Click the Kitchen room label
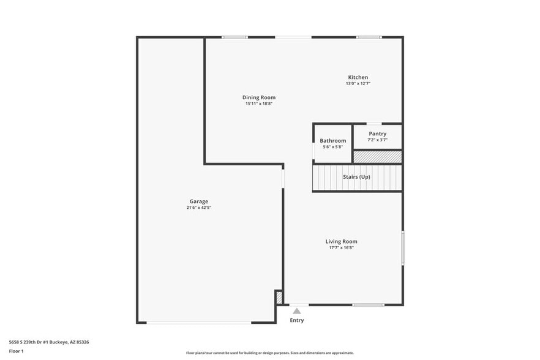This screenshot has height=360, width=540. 358,77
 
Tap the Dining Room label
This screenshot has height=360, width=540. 259,97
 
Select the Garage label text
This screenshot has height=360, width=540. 198,201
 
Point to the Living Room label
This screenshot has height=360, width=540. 341,241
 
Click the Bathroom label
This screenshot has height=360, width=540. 332,141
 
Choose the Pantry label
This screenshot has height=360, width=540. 377,133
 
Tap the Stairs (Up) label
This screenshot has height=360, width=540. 356,177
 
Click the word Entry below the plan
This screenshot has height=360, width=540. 297,320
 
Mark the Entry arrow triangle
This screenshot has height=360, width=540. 297,311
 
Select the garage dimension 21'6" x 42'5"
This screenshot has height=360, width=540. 198,208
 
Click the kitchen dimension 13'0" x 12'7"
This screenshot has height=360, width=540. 358,83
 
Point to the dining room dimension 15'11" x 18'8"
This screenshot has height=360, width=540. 259,103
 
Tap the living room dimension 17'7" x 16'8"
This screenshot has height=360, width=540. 341,247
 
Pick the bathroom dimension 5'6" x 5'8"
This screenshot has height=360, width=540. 332,147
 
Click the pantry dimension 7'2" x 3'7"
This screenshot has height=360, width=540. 377,140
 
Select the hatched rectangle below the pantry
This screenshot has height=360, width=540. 377,157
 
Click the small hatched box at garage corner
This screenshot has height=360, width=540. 279,298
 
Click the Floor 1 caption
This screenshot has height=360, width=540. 16,351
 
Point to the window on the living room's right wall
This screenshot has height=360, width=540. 402,247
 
